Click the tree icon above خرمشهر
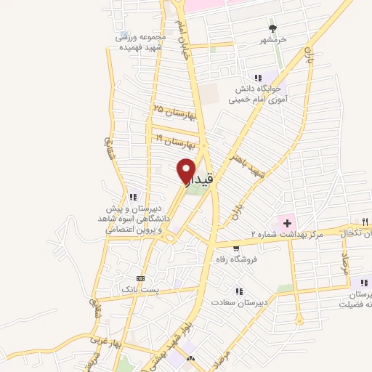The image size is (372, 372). tap(272, 28)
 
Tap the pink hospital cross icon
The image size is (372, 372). tap(286, 222)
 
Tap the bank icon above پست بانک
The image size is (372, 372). tap(140, 278)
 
